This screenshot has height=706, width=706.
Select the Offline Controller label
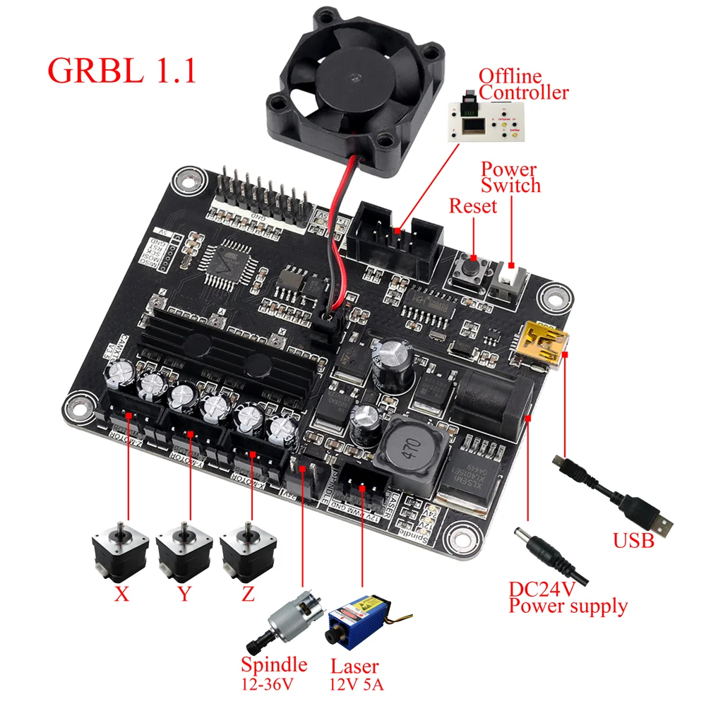pyautogui.click(x=523, y=84)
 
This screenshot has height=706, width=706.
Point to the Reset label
pyautogui.click(x=473, y=206)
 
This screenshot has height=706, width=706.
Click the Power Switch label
pyautogui.click(x=510, y=178)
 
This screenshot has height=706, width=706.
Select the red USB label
pyautogui.click(x=633, y=541)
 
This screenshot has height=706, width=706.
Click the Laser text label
pyautogui.click(x=354, y=666)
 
